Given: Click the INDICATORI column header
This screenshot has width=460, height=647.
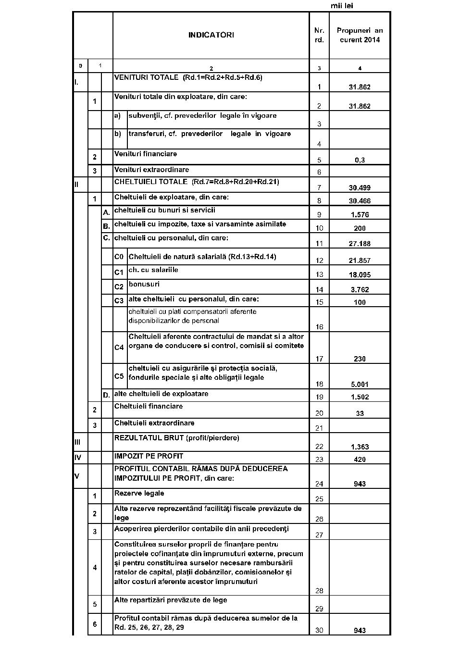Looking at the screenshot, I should [x=211, y=35].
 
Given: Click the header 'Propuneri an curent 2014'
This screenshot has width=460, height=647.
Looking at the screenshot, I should [x=360, y=35].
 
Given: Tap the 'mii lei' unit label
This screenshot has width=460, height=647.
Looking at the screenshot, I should [x=342, y=6].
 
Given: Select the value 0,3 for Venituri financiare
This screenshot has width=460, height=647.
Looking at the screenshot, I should [x=360, y=160].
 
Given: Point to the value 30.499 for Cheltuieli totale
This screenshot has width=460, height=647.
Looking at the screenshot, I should [x=360, y=187].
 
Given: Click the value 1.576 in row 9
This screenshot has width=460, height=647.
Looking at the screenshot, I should [x=360, y=215].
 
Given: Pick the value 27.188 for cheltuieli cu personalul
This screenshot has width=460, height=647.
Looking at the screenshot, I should [x=360, y=244].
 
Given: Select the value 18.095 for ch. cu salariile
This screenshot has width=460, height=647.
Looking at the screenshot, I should [x=360, y=274].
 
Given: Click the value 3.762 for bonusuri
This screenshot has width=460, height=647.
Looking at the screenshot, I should [x=360, y=289].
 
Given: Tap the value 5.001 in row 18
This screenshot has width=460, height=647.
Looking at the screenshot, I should [x=360, y=384].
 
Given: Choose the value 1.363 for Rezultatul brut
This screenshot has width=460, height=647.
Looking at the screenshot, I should [x=360, y=447].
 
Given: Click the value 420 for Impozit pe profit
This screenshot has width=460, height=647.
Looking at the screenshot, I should [x=360, y=460].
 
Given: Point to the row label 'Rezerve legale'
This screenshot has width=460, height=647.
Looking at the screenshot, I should [x=139, y=493].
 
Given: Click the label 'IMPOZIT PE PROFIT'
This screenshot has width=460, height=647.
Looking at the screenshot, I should [x=149, y=456].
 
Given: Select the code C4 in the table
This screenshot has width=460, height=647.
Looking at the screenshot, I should [x=119, y=347].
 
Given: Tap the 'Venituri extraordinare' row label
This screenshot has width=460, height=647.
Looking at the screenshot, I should [x=151, y=170].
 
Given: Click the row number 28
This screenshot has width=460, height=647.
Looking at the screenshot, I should [x=319, y=591].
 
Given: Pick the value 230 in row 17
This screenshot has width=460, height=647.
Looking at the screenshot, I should [x=360, y=359].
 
